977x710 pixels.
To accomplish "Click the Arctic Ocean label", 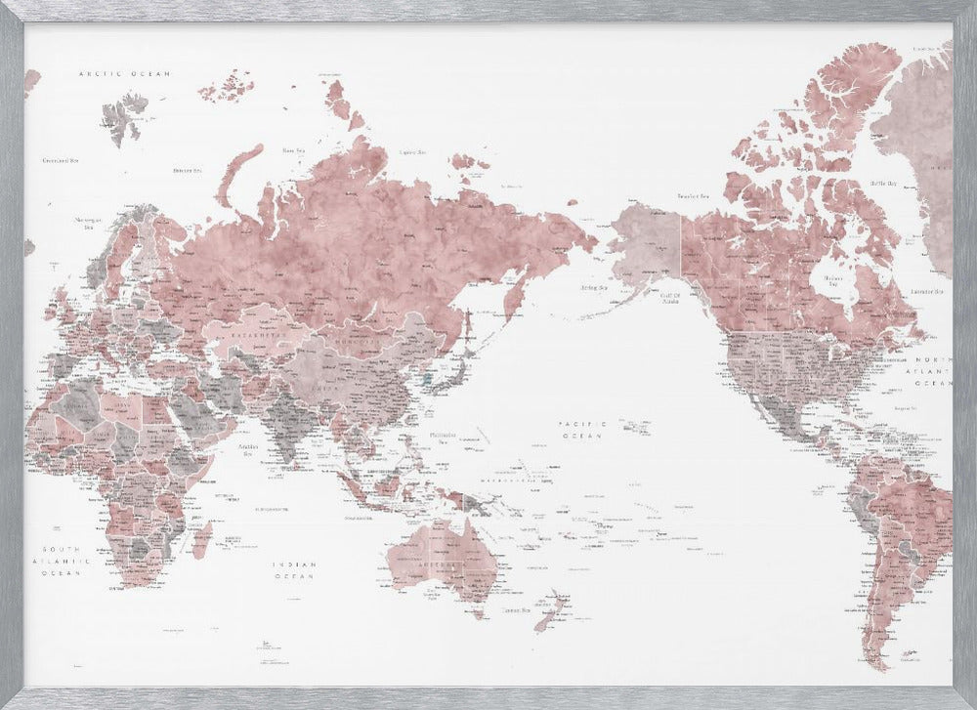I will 124,73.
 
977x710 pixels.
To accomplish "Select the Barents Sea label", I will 187,170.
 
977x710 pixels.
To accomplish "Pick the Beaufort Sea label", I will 693,196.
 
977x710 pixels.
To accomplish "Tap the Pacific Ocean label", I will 583,429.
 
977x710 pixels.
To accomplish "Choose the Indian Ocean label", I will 294,569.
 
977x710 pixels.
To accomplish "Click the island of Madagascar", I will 202,538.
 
